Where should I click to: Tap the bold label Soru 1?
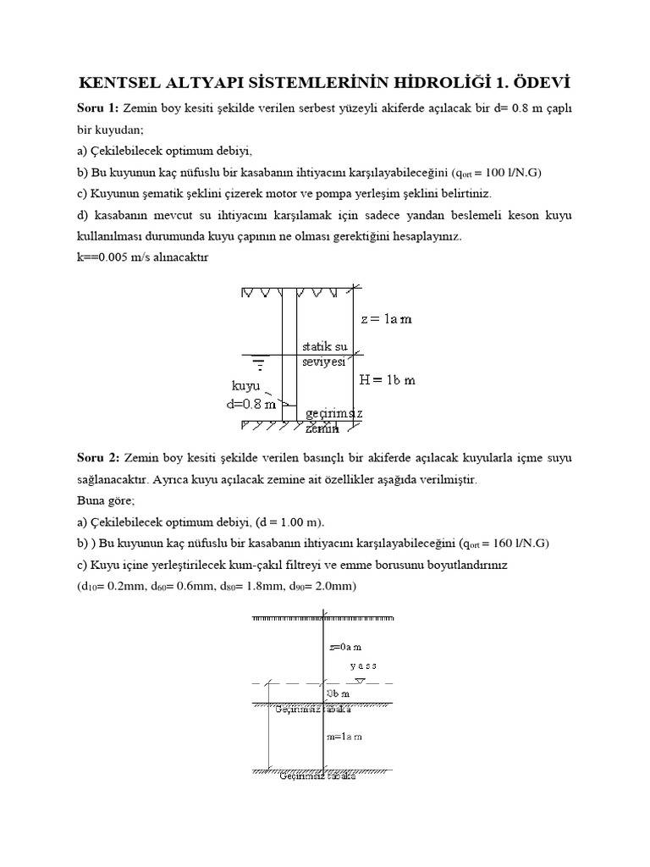click(97, 108)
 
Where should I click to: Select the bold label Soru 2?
click(97, 458)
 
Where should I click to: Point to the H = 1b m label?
click(388, 380)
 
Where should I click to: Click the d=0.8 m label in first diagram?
click(251, 404)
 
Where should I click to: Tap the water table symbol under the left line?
click(258, 365)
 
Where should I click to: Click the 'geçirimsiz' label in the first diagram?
click(334, 412)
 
